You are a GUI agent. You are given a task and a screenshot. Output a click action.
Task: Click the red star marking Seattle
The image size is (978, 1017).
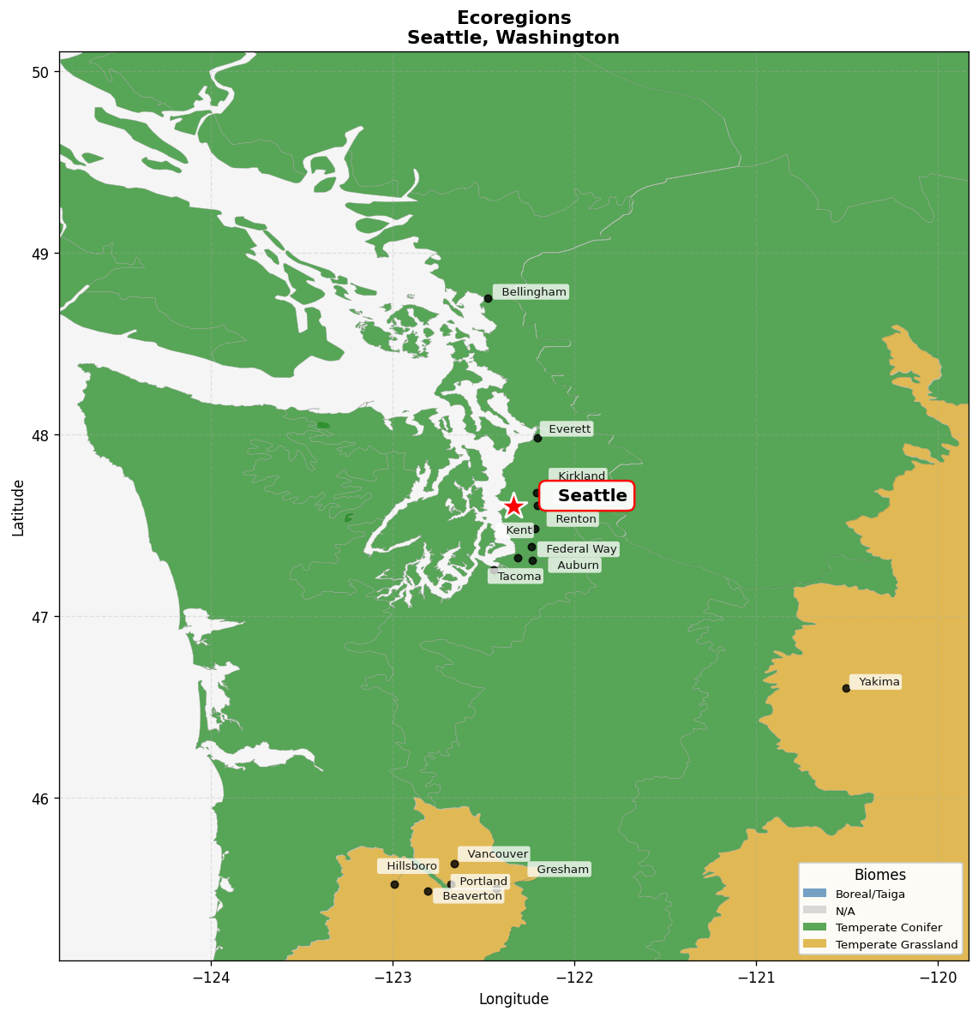coord(513,506)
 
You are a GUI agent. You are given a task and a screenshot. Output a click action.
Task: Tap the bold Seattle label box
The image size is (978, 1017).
coord(587,496)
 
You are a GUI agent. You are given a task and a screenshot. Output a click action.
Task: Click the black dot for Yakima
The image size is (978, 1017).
coord(846,688)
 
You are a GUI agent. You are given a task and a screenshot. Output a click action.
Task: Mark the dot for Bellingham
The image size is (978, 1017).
coord(488,298)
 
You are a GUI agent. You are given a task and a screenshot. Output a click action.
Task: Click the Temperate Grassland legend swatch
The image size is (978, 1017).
coord(814,944)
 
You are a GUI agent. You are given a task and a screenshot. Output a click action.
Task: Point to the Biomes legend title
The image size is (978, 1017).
coord(879,875)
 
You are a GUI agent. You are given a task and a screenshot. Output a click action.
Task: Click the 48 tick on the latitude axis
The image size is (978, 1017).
coord(40,435)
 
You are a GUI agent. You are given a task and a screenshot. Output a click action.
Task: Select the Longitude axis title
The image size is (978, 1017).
coord(513,999)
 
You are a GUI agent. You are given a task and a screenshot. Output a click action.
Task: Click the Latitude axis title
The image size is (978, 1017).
coord(18,507)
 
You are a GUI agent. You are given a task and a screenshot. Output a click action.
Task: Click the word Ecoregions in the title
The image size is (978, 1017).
coord(513,18)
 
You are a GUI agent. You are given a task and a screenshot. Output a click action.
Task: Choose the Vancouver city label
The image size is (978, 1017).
coord(496,854)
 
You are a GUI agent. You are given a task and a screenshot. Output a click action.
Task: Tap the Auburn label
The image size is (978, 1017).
coord(577,565)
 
